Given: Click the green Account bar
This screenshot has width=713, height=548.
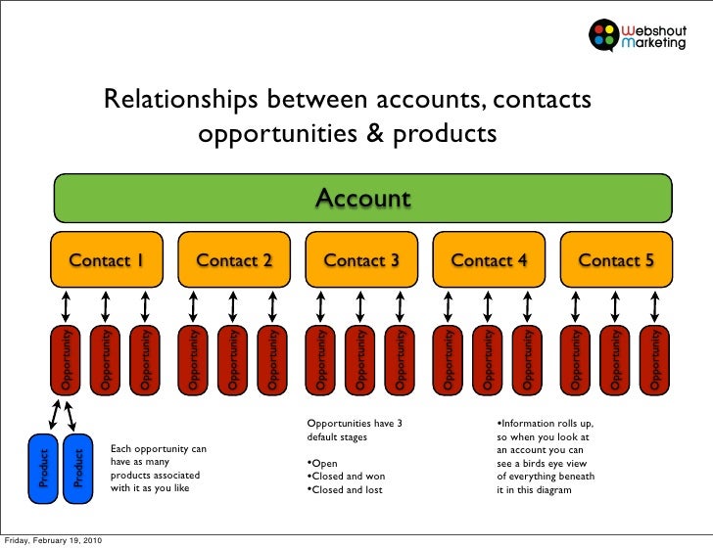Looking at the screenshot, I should pos(362,199).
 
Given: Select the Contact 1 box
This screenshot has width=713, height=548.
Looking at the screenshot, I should pos(107,259).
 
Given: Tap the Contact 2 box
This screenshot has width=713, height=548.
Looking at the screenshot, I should pos(234,259).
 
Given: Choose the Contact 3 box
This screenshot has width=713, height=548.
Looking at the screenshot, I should pos(361,259).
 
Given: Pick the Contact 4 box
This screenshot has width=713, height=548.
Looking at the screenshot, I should pos(489,259).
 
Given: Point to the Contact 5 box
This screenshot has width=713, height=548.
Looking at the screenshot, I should pos(616,259).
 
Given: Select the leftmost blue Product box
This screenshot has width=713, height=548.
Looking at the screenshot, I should pos(43,469).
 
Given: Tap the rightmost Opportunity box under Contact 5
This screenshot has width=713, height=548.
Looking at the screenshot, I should pos(655,359).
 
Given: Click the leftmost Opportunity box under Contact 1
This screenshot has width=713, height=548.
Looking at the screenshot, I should pos(66,359).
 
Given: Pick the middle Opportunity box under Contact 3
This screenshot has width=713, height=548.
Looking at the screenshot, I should pos(360,359).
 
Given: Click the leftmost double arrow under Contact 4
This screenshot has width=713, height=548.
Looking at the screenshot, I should pos(449,306).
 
